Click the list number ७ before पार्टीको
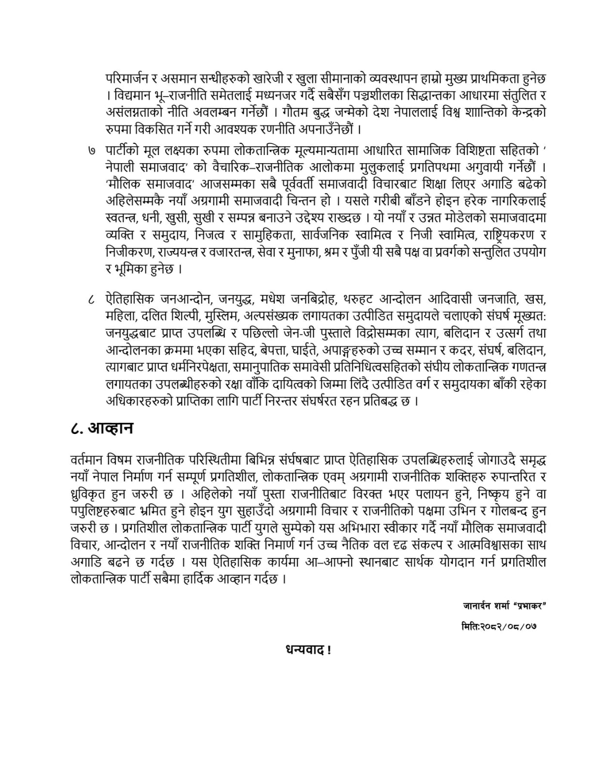point(92,152)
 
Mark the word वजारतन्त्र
point(227,252)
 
